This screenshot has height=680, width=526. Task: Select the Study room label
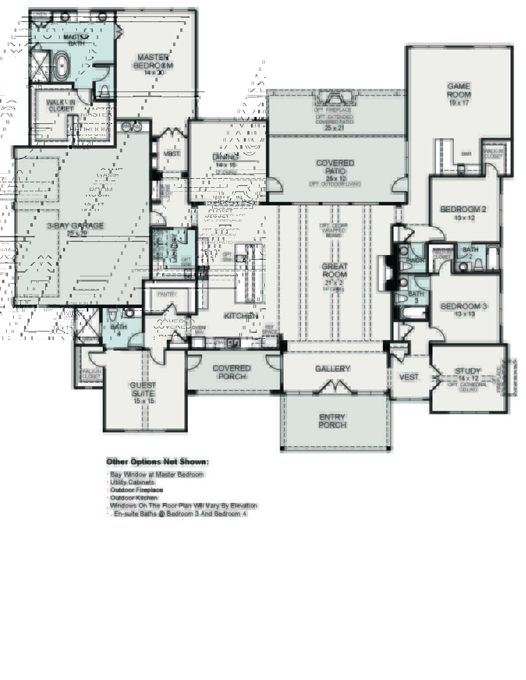468,371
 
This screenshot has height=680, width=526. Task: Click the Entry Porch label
332,421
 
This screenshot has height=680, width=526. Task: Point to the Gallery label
332,369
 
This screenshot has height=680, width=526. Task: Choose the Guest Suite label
143,389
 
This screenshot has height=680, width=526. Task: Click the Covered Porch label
231,372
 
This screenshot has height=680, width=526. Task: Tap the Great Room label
335,270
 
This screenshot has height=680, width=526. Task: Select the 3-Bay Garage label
75,225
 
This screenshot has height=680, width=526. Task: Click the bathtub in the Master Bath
62,66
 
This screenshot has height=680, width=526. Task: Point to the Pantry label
167,294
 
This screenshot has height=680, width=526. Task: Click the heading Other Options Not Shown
157,462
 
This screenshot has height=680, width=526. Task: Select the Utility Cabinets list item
132,482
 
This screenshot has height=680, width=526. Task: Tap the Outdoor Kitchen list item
133,498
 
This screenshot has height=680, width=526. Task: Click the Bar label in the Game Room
466,154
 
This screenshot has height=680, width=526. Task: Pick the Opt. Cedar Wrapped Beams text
334,230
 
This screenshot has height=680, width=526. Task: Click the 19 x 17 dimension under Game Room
459,103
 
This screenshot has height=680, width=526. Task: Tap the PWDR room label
415,260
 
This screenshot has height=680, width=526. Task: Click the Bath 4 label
118,327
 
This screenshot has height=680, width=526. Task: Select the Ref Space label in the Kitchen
269,329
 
